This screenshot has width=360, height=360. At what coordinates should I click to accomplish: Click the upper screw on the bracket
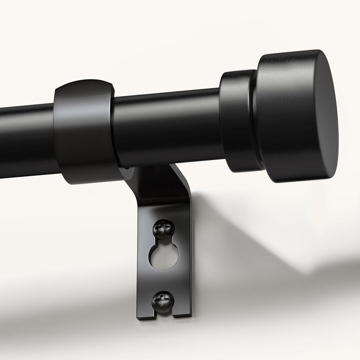coord(163,229)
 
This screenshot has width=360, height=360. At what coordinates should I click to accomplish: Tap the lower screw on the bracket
coord(163,301)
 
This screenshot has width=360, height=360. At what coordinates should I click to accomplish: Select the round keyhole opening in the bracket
coord(163,257)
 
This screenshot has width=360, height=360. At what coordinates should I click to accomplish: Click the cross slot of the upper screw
coord(163,228)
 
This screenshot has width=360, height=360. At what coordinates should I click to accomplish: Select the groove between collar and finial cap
coord(255,120)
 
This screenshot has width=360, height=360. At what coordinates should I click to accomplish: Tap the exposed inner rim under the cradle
coord(128,173)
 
